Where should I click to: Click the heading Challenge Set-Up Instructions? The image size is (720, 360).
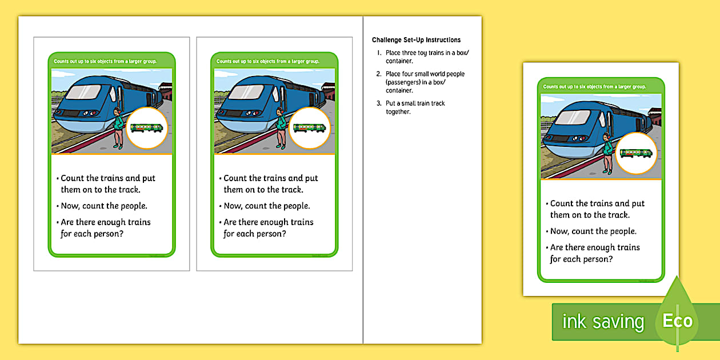[416, 40]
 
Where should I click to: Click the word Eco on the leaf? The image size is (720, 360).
[677, 321]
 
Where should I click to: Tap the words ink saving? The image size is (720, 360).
[603, 322]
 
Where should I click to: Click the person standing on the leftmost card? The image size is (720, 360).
[118, 128]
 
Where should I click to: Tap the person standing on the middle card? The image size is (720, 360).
[281, 128]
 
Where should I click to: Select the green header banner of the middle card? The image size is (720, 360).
[274, 61]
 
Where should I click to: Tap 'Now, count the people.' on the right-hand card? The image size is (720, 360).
[593, 231]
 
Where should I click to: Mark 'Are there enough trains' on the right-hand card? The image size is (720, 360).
[594, 247]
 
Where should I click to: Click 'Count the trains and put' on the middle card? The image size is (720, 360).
[270, 178]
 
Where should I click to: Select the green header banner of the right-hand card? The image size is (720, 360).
[601, 86]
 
